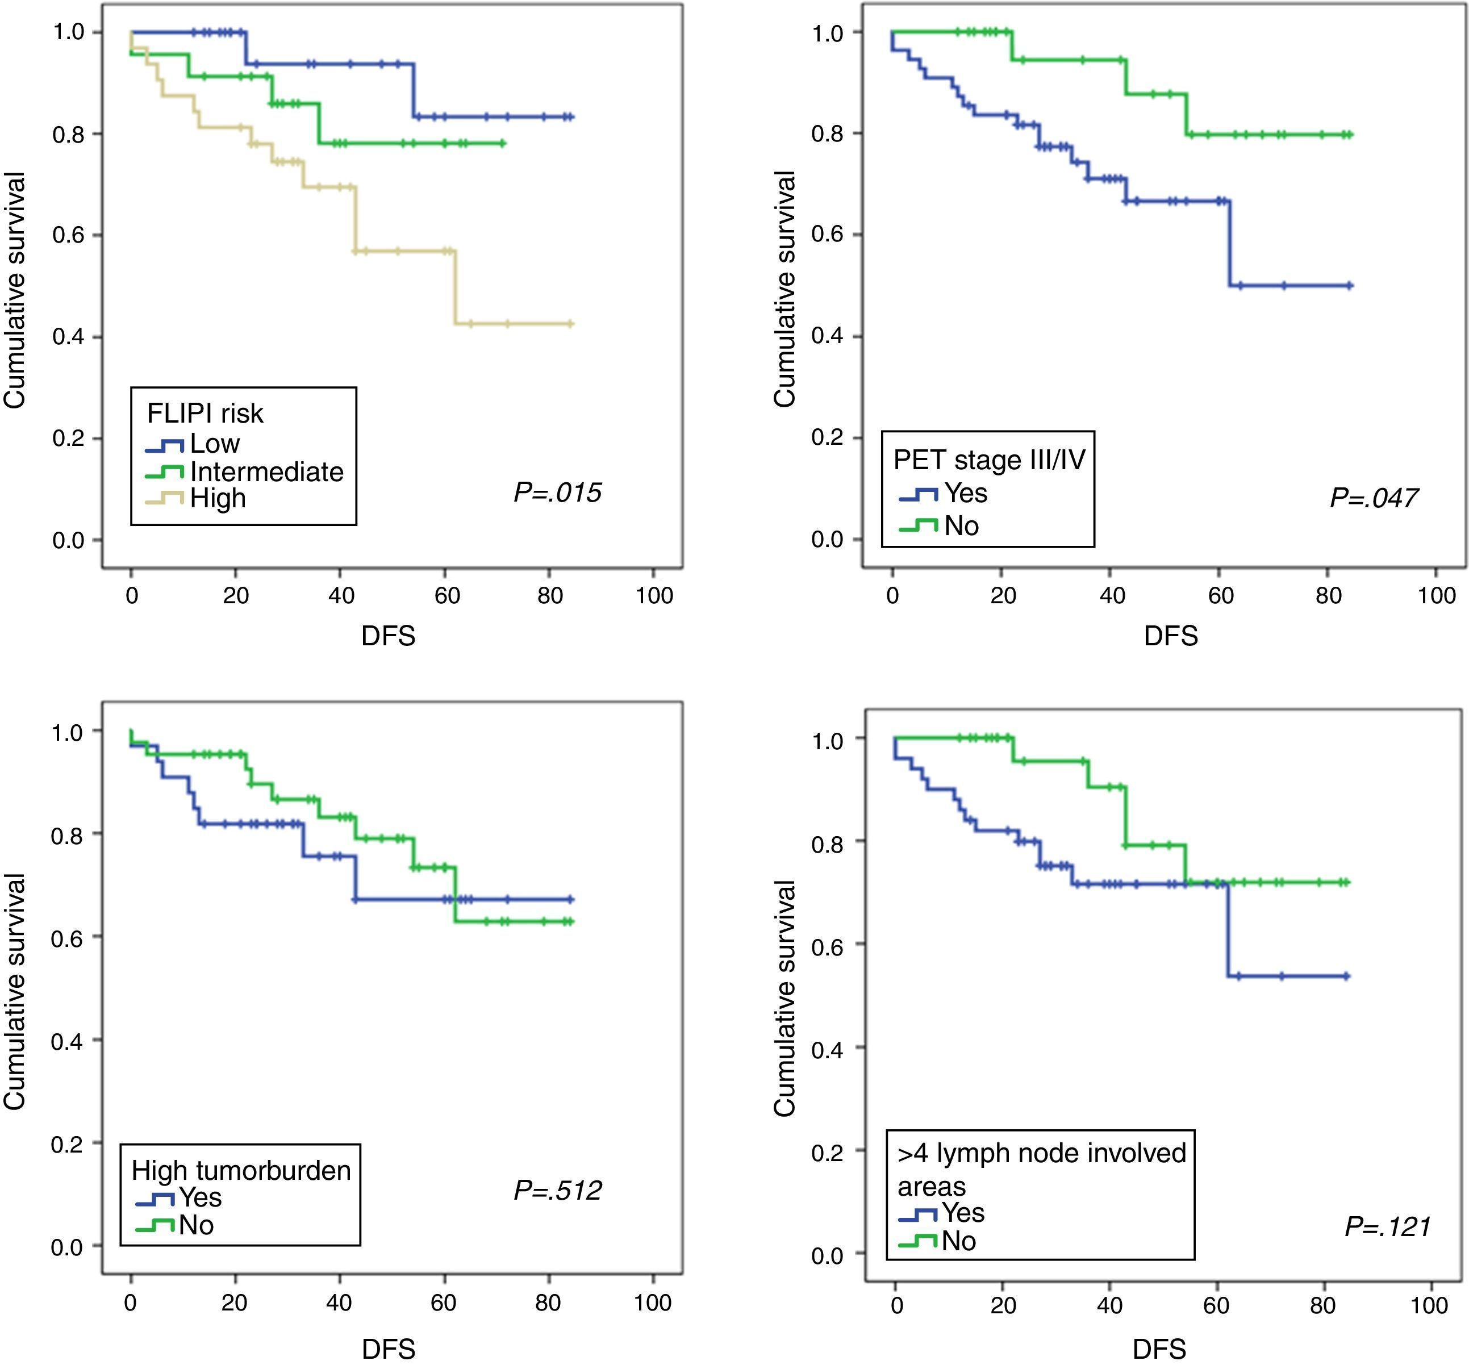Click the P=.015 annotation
(x=558, y=492)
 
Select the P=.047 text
(x=1373, y=498)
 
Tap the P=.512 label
(x=558, y=1191)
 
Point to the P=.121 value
(x=1387, y=1227)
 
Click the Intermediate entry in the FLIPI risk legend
(x=266, y=471)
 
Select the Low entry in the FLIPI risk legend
(x=214, y=443)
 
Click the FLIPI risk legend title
(x=205, y=413)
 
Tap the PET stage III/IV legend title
(x=989, y=460)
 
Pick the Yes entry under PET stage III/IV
(x=965, y=492)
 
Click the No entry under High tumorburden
(x=196, y=1225)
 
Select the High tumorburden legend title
(x=241, y=1171)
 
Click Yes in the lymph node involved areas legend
(x=962, y=1213)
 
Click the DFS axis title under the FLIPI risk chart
(x=389, y=636)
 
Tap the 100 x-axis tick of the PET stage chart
(x=1435, y=595)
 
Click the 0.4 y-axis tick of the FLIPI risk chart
(x=68, y=337)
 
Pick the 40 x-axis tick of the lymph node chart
(x=1109, y=1305)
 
